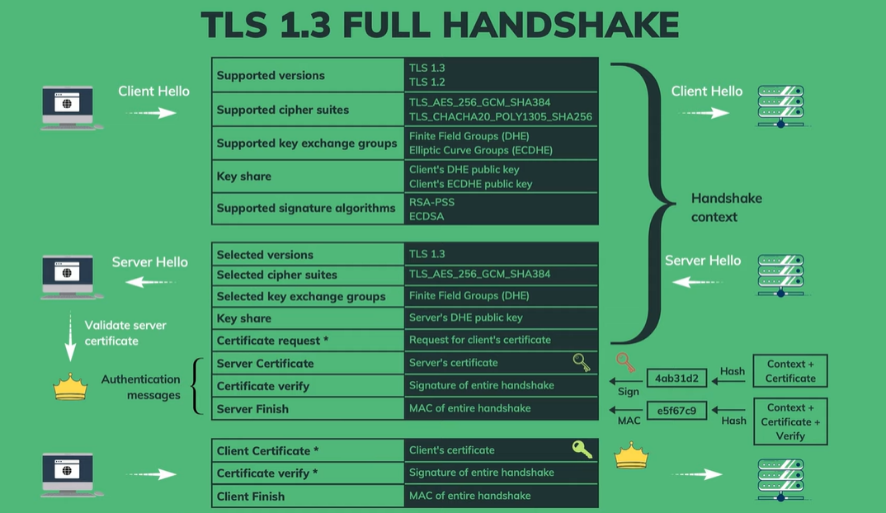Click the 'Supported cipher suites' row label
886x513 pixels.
[x=282, y=110]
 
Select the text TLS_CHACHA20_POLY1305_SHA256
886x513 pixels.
[x=501, y=117]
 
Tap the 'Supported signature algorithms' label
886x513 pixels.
[x=306, y=209]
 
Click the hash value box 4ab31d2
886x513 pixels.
[x=676, y=379]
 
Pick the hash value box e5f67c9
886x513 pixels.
[x=676, y=410]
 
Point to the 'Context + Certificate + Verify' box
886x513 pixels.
[x=789, y=421]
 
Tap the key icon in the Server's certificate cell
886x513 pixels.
[x=582, y=363]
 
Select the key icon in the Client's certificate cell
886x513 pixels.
[x=582, y=449]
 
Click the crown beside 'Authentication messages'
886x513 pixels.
[x=70, y=388]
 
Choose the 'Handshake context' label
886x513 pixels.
[x=726, y=208]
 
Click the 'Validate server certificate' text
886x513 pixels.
[x=125, y=333]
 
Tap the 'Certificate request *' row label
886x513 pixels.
[x=272, y=341]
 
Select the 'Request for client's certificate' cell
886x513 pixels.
[x=479, y=340]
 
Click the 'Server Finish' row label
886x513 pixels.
[x=252, y=409]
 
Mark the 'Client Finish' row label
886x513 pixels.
[x=250, y=497]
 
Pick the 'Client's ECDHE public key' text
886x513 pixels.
[x=470, y=184]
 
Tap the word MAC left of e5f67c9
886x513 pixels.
[x=629, y=421]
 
